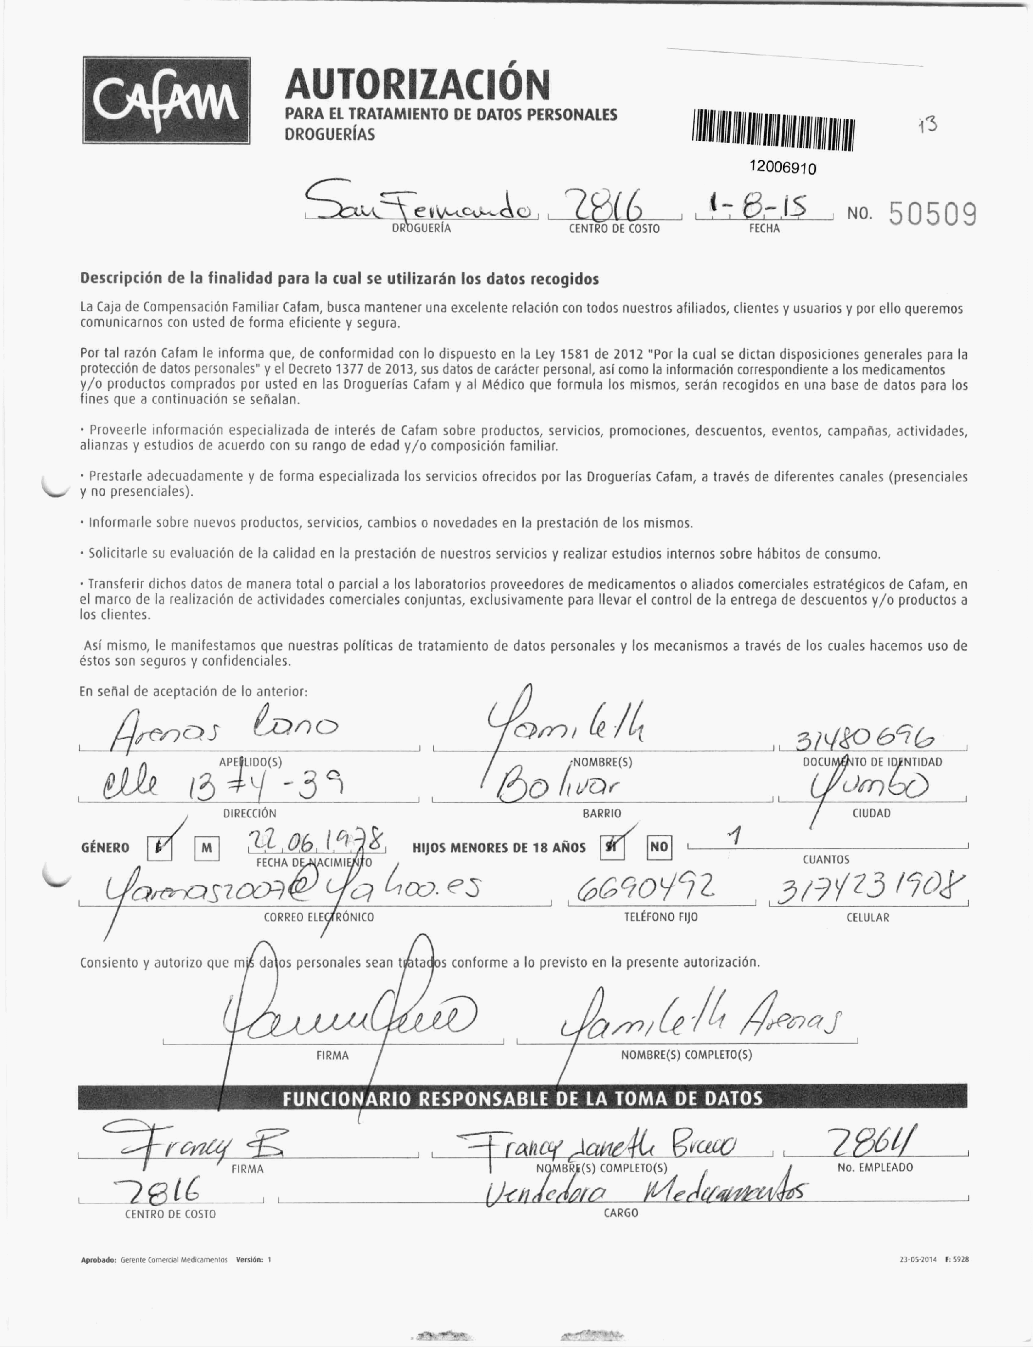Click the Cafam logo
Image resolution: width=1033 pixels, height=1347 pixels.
[x=166, y=101]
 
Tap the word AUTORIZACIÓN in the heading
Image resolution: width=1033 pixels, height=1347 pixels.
[x=417, y=84]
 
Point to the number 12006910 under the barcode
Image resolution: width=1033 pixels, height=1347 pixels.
[x=783, y=168]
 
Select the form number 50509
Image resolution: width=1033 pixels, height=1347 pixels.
[x=932, y=215]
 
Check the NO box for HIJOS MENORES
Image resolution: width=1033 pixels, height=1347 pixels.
[x=659, y=847]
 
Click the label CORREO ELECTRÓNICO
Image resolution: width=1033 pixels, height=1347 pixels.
[x=318, y=917]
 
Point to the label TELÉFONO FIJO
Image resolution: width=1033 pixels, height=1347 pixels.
[x=661, y=917]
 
